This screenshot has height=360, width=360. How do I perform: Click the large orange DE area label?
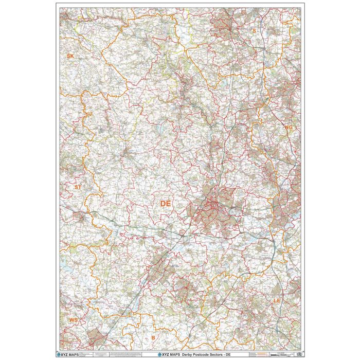(165, 204)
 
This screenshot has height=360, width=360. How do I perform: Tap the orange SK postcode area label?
(70, 55)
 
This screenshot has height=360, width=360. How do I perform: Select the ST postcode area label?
(78, 188)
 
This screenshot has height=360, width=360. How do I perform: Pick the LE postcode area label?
(277, 300)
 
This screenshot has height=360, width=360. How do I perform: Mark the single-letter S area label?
(253, 31)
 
